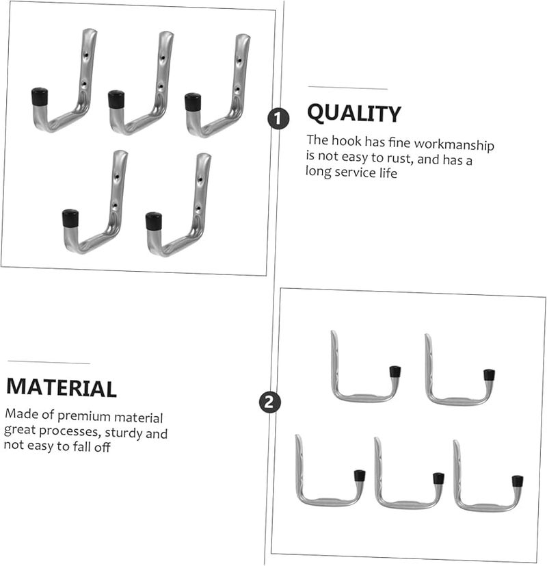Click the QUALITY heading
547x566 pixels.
point(353,114)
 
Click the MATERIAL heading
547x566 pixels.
point(62,387)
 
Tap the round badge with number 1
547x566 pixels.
point(277,119)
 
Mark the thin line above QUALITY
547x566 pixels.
point(347,88)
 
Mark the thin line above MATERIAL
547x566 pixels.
point(49,363)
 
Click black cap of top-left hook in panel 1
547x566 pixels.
point(39,97)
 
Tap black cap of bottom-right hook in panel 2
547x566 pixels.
point(518,481)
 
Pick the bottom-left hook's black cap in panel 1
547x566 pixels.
point(70,218)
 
